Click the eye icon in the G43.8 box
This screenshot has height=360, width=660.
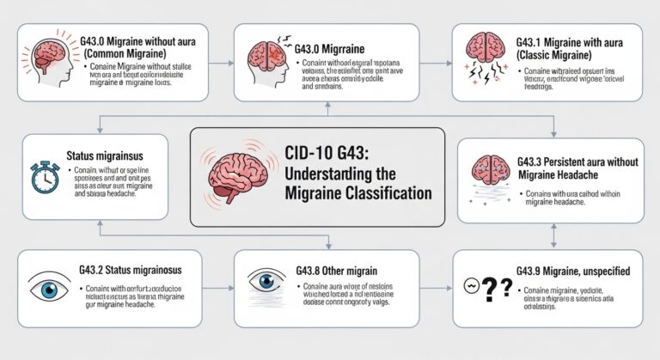point(265,282)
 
